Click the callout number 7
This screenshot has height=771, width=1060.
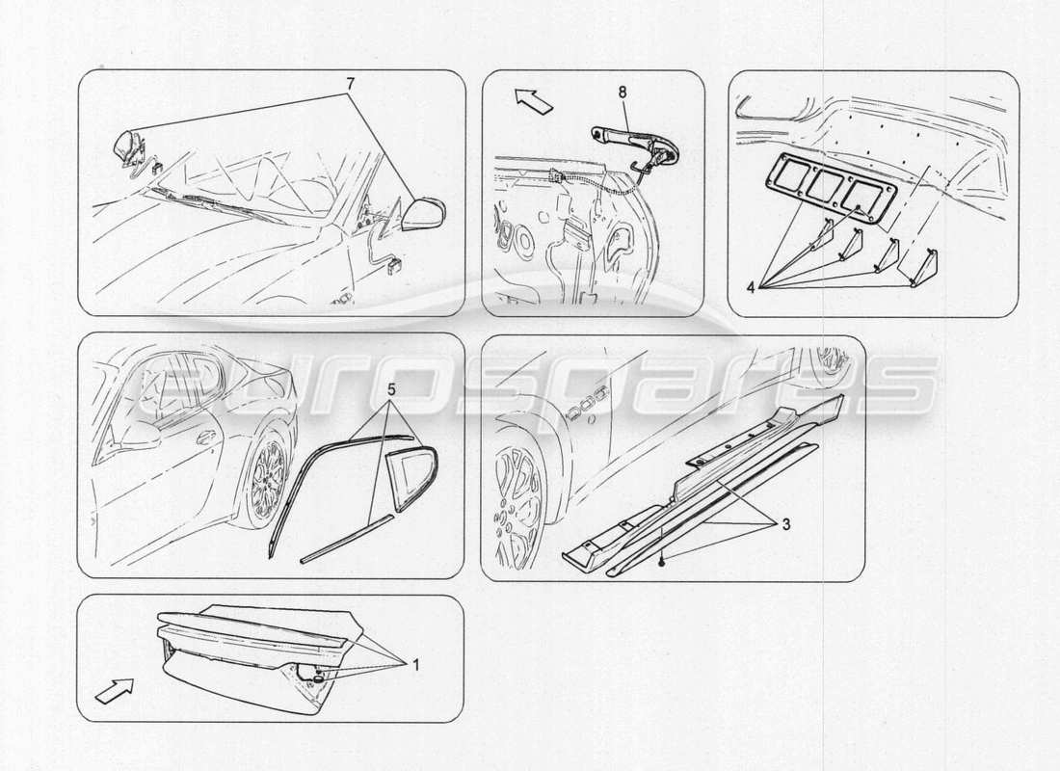coord(351,83)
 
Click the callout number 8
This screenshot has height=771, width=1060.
coord(622,93)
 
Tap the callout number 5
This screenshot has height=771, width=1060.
coord(390,391)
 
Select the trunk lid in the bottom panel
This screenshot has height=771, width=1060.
coord(260,655)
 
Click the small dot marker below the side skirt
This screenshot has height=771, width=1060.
coord(660,559)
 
